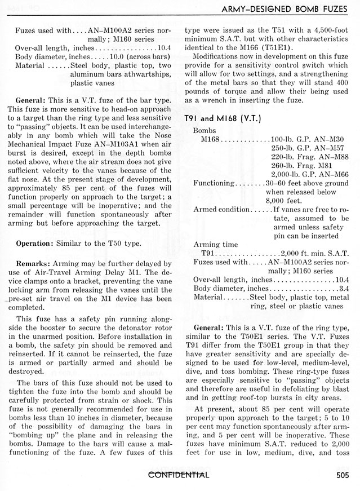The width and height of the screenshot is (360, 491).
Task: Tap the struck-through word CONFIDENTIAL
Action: click(179, 475)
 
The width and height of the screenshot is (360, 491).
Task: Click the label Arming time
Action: click(215, 244)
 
